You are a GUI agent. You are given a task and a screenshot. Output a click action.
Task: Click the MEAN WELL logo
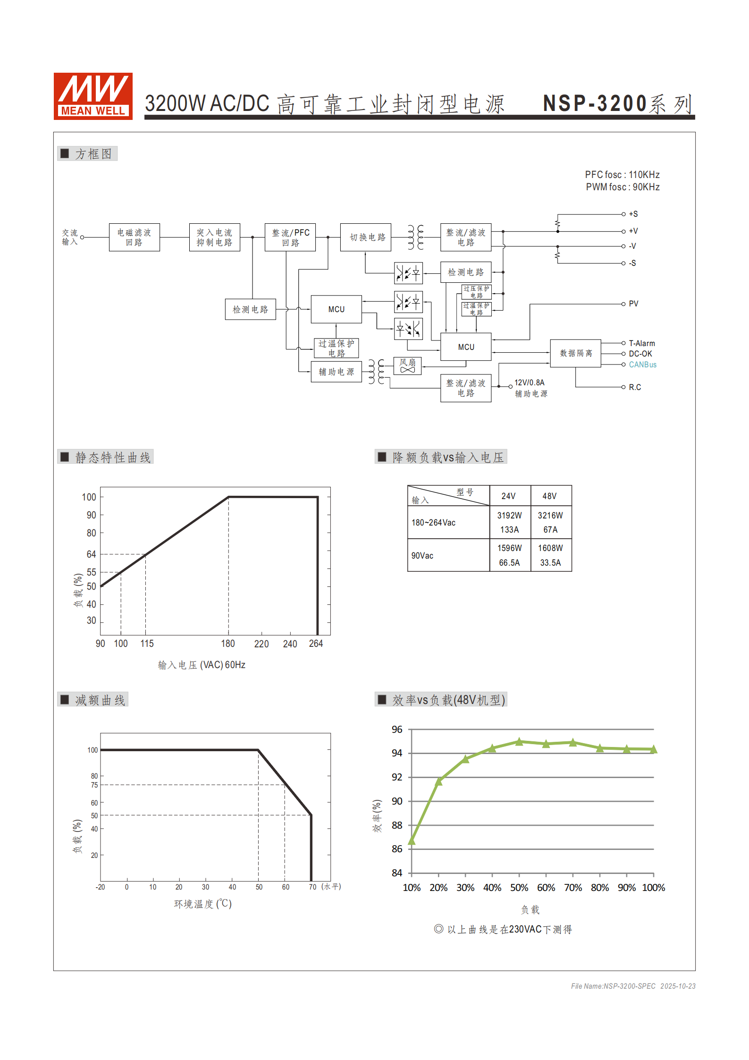[93, 96]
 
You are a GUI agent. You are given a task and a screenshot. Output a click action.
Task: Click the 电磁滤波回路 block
[134, 237]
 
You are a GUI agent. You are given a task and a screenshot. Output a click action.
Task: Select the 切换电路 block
[366, 237]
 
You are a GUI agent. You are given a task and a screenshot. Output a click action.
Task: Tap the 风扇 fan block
[407, 365]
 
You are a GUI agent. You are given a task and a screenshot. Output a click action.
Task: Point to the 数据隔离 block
[575, 353]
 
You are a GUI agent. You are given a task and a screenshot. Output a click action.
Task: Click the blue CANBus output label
[642, 365]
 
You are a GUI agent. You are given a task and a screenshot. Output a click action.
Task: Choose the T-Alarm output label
[641, 343]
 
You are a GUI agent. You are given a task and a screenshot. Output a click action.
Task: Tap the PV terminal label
[633, 304]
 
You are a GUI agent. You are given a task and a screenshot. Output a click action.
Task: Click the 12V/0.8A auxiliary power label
[529, 382]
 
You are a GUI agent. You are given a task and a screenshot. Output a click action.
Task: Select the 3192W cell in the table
[509, 515]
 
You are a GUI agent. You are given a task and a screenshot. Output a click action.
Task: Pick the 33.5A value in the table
[550, 563]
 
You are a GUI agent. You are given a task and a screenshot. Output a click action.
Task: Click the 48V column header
[549, 496]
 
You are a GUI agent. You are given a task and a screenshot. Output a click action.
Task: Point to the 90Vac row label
[422, 556]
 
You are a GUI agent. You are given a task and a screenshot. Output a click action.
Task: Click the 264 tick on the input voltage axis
[316, 644]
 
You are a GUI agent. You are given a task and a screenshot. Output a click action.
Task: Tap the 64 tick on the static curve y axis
[91, 554]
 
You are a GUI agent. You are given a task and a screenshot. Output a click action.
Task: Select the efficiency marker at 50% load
[519, 742]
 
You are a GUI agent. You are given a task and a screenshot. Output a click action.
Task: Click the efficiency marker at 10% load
[412, 841]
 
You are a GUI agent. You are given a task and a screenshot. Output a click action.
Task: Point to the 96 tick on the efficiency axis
[397, 729]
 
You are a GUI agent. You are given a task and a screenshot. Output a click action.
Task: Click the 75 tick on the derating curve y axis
[94, 785]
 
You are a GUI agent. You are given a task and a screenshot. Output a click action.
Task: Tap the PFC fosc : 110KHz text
[622, 175]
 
